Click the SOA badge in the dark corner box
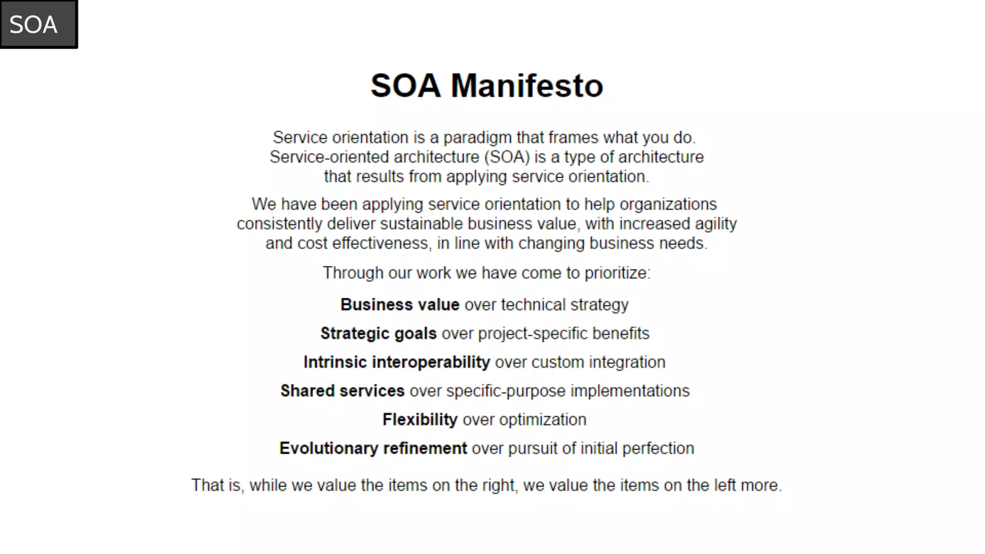34,25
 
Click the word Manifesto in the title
527,86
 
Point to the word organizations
668,204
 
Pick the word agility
716,224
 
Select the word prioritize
617,273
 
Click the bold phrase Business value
400,305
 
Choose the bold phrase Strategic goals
379,334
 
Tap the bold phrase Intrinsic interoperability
396,362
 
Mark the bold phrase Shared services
342,391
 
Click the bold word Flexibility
420,420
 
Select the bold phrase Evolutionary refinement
373,449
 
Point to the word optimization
543,420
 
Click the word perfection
658,449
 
